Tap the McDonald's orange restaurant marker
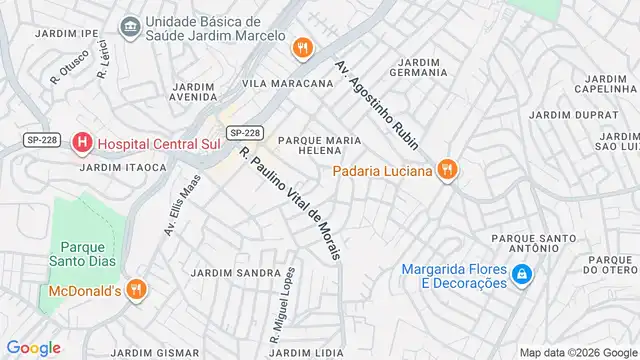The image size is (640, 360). (137, 291)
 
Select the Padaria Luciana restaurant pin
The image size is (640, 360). (448, 171)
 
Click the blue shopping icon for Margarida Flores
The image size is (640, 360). (521, 274)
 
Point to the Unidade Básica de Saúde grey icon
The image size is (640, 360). (129, 25)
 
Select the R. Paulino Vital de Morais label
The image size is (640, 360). (290, 203)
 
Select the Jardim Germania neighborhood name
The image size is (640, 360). (426, 68)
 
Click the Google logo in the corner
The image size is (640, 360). (33, 347)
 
